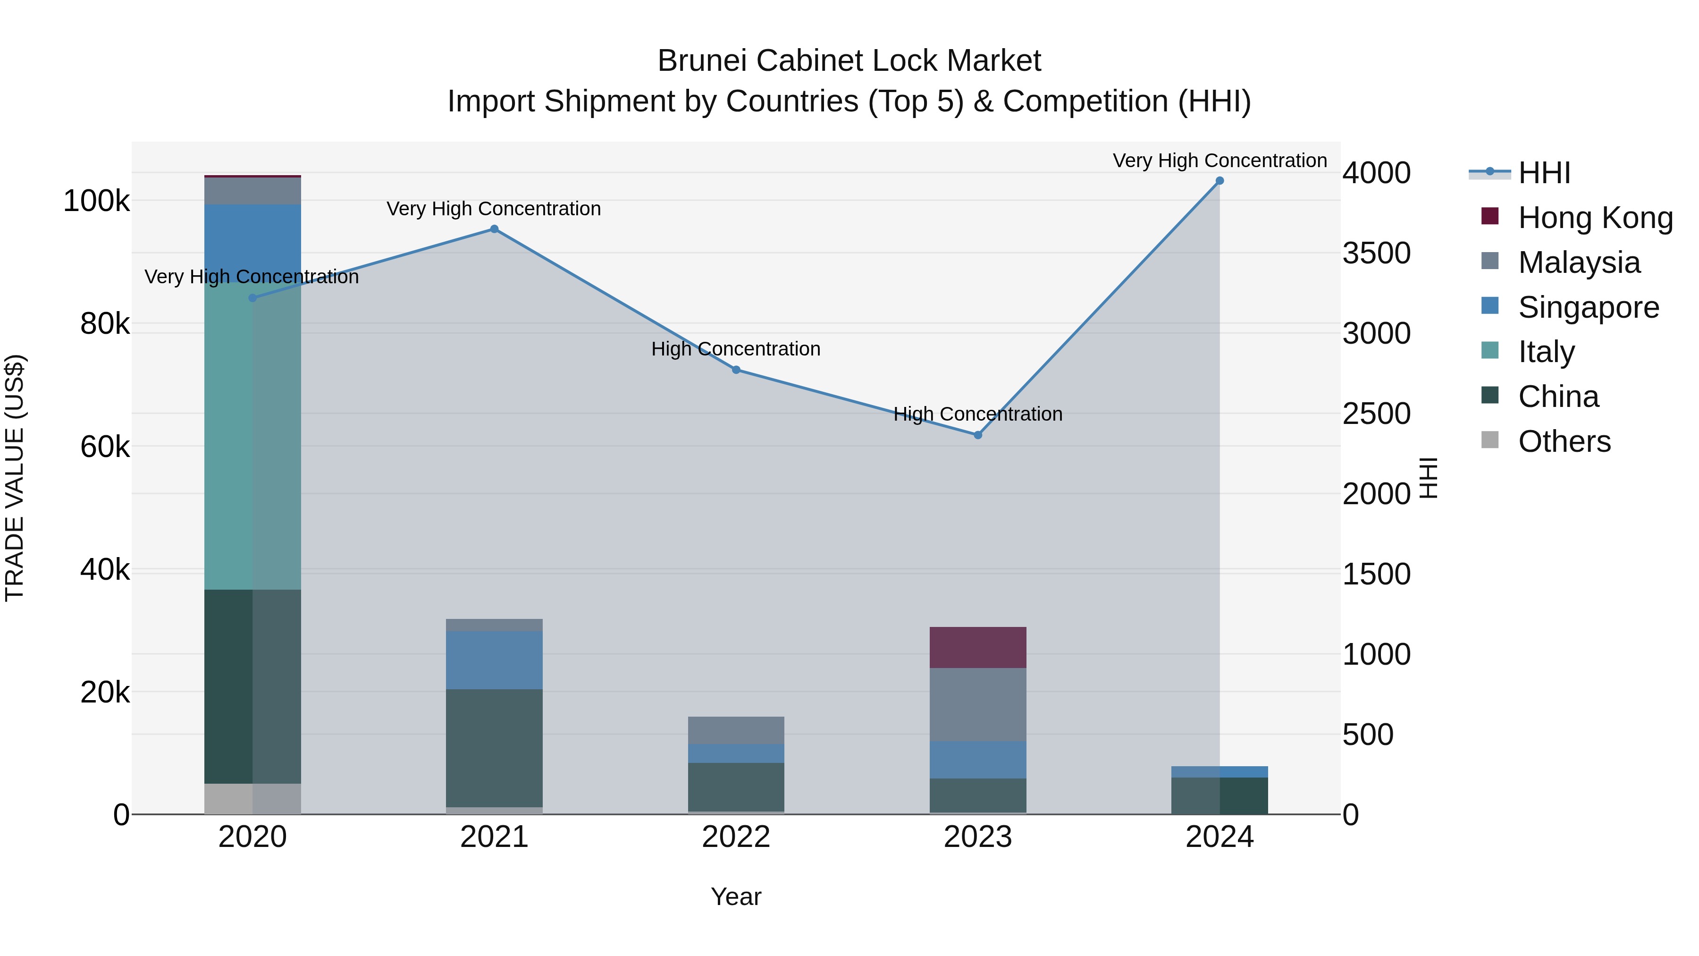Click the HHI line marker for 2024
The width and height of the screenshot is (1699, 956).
(x=1220, y=181)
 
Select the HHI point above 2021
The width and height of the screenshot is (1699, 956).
(x=494, y=229)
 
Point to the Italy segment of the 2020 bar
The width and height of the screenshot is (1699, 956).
(x=252, y=435)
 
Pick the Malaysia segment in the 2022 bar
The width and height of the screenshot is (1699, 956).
(x=736, y=730)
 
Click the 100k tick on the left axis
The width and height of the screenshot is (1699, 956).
(x=96, y=201)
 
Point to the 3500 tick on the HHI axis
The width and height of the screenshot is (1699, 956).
(x=1377, y=254)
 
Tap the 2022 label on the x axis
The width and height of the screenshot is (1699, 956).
(x=736, y=837)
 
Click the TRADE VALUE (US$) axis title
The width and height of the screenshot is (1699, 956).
(x=15, y=478)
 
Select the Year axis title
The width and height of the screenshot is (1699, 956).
(x=736, y=897)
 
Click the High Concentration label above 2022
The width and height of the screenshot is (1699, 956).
(x=736, y=349)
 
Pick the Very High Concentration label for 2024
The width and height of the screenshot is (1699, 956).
(x=1220, y=161)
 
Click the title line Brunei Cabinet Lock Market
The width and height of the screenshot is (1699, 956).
(x=849, y=61)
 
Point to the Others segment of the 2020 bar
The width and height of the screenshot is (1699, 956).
(x=252, y=798)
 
